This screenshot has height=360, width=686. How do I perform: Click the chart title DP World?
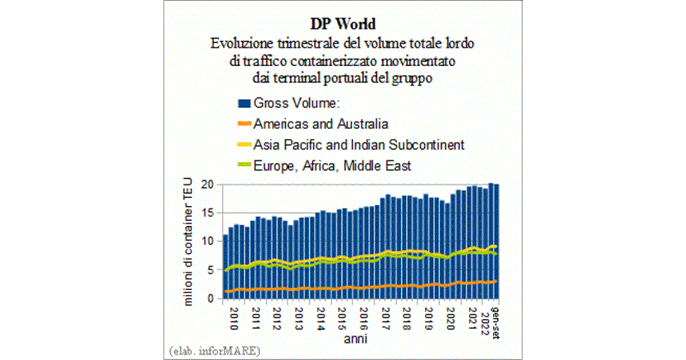click(x=343, y=25)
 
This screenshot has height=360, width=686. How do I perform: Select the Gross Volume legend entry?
click(x=297, y=103)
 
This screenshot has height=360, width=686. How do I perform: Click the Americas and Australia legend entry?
click(x=321, y=124)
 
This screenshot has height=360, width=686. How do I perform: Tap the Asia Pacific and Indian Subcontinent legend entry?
click(x=359, y=145)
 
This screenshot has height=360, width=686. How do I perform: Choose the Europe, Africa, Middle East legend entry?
click(x=332, y=166)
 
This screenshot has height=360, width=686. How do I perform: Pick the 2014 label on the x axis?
click(x=321, y=318)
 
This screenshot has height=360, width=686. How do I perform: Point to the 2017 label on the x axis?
click(x=386, y=318)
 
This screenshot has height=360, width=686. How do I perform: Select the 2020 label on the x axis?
click(x=450, y=318)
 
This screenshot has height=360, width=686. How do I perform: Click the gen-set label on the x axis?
click(x=496, y=320)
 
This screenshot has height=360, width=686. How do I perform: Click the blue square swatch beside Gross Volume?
click(x=244, y=103)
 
